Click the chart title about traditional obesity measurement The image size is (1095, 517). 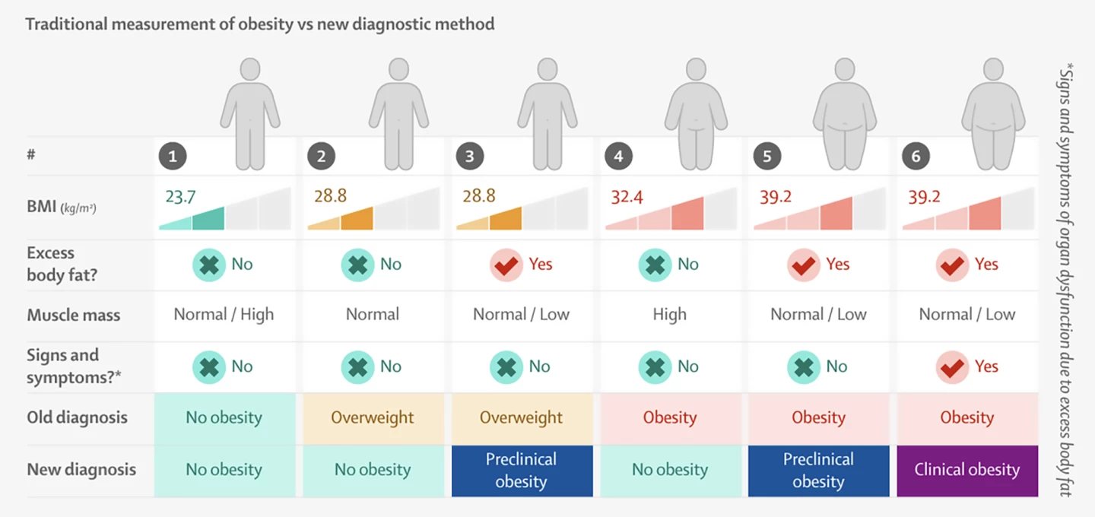260,24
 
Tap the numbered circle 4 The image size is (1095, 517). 619,157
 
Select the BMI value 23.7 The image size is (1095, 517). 181,197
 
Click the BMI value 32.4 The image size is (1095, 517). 627,197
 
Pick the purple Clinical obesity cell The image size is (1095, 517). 966,470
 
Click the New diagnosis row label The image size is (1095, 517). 81,470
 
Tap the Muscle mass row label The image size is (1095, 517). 74,315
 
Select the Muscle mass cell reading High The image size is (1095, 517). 669,315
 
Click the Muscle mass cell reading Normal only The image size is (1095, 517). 373,315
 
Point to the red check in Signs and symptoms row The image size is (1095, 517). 952,367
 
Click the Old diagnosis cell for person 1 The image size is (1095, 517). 224,417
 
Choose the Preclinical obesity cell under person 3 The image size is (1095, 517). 522,471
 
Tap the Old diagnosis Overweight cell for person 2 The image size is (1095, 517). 373,417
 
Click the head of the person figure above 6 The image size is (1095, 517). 993,70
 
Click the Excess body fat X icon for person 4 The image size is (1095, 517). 655,265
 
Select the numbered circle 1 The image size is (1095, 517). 173,157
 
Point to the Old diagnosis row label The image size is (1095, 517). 78,417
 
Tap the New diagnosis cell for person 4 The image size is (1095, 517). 669,471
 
